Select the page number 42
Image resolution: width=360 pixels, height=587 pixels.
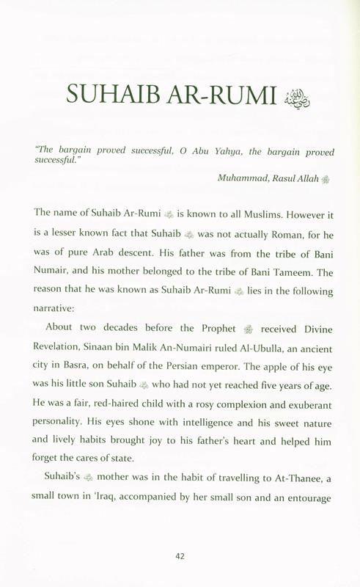[180, 555]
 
